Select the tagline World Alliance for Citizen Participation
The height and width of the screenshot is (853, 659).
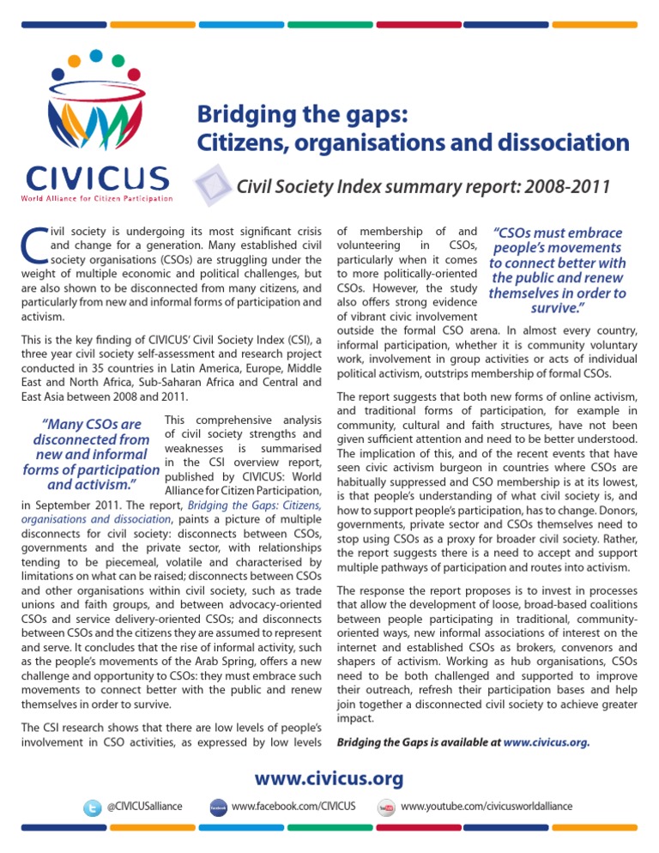tap(97, 200)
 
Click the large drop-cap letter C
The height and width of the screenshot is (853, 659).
tap(32, 245)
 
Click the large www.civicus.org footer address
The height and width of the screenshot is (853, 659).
tap(329, 779)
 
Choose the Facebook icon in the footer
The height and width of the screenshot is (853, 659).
tap(218, 808)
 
